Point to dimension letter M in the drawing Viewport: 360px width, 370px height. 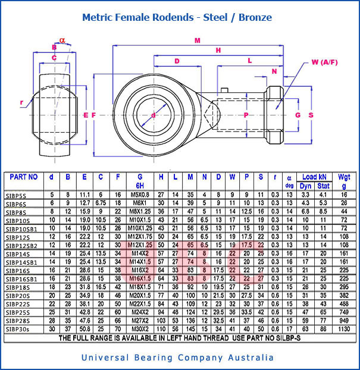[x=197, y=40]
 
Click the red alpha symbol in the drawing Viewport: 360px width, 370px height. [x=62, y=40]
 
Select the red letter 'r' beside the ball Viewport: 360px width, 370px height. [x=21, y=102]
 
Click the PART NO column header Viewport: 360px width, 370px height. [x=24, y=177]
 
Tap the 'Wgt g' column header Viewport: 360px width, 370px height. [x=344, y=180]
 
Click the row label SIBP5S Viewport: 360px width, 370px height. [x=18, y=195]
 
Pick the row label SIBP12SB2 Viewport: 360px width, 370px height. [x=22, y=245]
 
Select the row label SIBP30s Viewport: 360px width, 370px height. [x=19, y=328]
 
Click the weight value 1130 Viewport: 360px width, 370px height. [x=344, y=328]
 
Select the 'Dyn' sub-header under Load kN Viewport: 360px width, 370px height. [x=305, y=186]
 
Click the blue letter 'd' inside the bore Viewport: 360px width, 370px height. [x=154, y=115]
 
